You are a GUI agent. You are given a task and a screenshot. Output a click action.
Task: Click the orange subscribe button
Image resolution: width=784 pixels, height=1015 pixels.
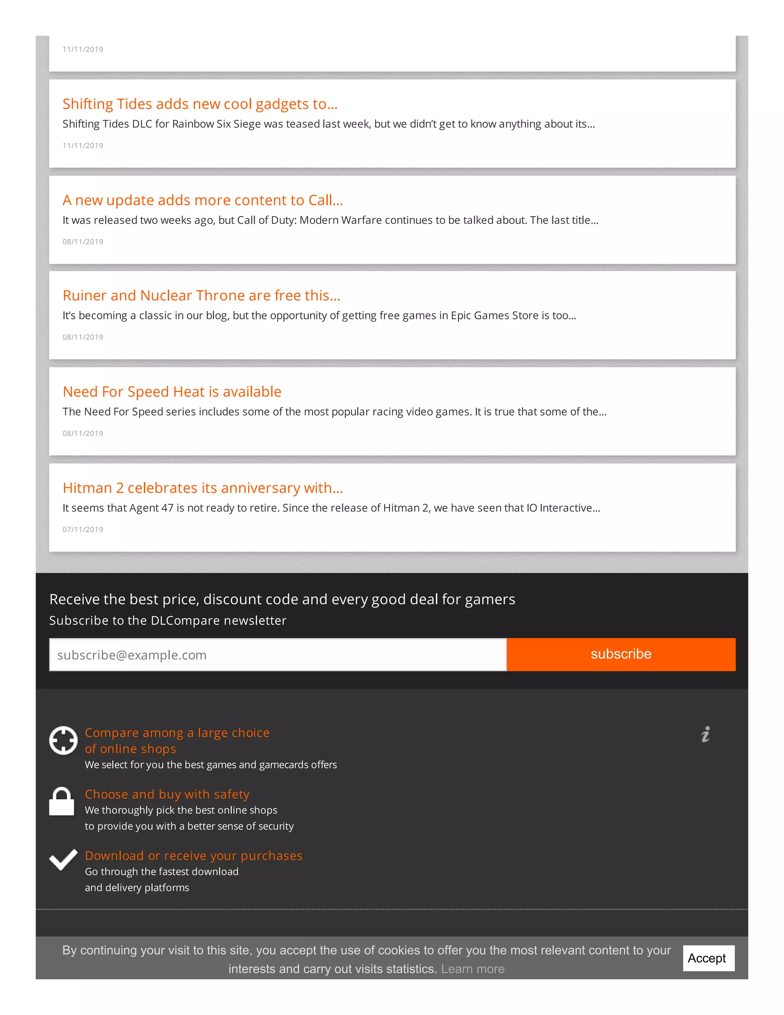pyautogui.click(x=621, y=654)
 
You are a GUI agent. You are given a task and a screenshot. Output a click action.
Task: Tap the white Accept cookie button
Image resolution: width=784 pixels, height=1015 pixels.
pyautogui.click(x=708, y=958)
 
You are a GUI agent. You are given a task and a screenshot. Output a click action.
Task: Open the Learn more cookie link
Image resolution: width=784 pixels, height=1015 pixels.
pyautogui.click(x=472, y=969)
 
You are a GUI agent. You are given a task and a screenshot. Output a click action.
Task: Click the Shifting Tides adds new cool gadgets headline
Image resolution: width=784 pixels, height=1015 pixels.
pyautogui.click(x=200, y=104)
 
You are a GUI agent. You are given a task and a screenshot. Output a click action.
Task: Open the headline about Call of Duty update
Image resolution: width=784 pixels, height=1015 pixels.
pyautogui.click(x=203, y=200)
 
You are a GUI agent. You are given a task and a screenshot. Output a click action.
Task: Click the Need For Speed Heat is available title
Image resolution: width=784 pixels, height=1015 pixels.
pyautogui.click(x=172, y=392)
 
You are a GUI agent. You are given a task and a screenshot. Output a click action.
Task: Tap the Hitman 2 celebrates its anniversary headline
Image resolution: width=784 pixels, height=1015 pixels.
pyautogui.click(x=203, y=488)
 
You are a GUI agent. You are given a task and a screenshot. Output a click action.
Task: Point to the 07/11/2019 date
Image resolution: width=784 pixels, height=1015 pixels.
pyautogui.click(x=83, y=529)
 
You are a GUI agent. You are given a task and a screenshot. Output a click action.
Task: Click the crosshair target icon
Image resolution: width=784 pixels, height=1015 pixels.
pyautogui.click(x=63, y=740)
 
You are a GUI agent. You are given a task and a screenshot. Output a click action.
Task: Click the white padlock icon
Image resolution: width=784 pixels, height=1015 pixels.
pyautogui.click(x=62, y=802)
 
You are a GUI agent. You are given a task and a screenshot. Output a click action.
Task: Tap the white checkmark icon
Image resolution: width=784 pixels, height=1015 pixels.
pyautogui.click(x=63, y=860)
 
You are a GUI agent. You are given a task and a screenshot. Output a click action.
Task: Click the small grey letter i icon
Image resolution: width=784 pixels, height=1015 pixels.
pyautogui.click(x=706, y=734)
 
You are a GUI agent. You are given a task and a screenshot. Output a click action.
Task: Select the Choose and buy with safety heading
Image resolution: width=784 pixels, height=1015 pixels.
pyautogui.click(x=167, y=794)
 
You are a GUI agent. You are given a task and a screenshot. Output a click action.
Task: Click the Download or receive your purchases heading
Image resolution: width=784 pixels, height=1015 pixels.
pyautogui.click(x=193, y=856)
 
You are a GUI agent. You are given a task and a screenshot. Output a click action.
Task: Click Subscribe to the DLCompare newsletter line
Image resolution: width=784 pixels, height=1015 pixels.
pyautogui.click(x=168, y=620)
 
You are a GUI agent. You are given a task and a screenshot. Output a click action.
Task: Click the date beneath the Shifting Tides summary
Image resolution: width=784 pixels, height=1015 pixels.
pyautogui.click(x=83, y=146)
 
